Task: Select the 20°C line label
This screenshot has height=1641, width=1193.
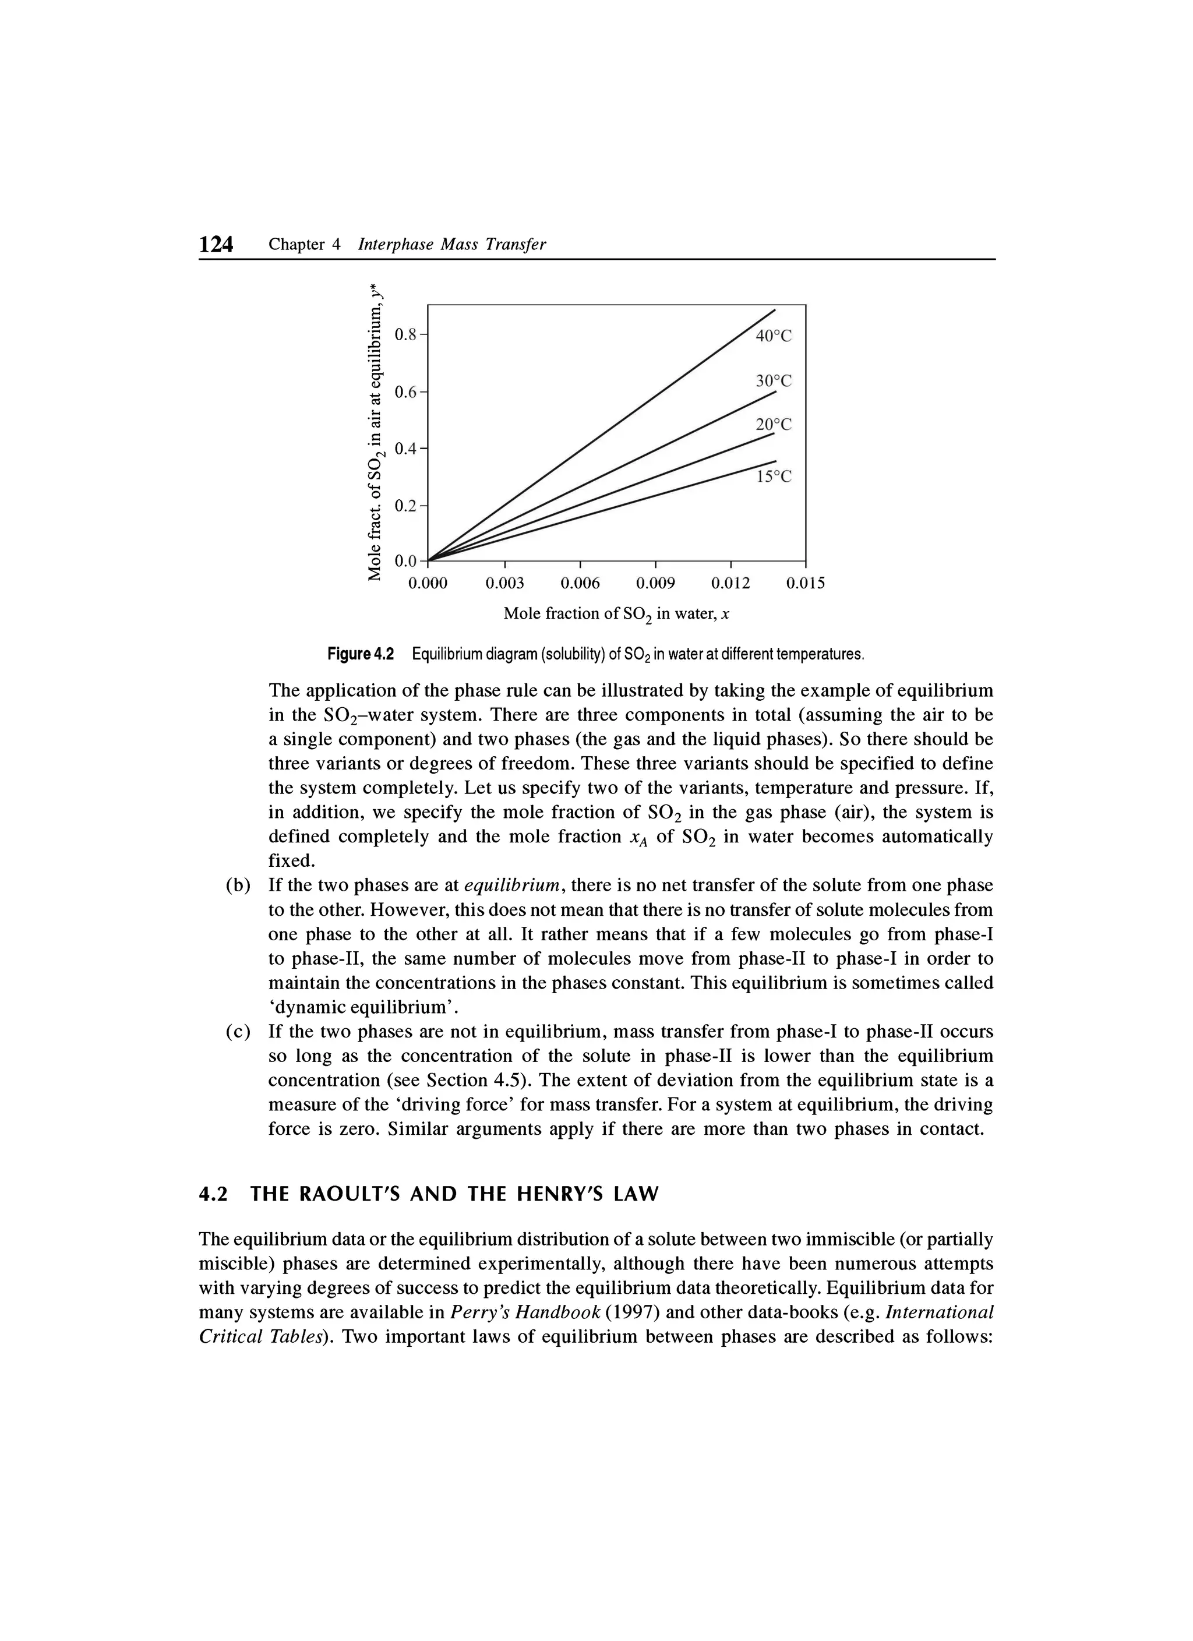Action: [x=774, y=425]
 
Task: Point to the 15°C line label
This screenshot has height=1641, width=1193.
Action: [x=774, y=477]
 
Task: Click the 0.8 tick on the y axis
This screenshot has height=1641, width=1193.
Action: [x=406, y=334]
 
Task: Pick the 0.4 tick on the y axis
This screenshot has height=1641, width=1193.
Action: [x=406, y=448]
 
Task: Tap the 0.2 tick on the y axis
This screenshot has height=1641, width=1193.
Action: [x=406, y=505]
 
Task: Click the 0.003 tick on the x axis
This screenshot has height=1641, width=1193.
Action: [x=504, y=583]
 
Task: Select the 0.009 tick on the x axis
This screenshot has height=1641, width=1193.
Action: [x=655, y=583]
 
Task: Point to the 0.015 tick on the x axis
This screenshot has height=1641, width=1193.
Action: [x=805, y=583]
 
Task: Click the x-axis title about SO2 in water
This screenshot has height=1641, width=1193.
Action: [x=616, y=615]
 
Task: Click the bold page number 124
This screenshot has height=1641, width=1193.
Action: [x=216, y=245]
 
